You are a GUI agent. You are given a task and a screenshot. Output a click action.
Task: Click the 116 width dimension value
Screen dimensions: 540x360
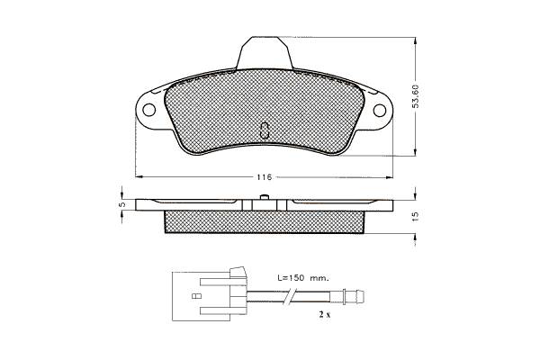pyautogui.click(x=265, y=177)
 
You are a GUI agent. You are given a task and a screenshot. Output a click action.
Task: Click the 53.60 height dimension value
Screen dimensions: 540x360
pyautogui.click(x=416, y=96)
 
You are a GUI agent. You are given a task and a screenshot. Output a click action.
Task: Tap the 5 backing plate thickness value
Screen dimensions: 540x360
pyautogui.click(x=121, y=204)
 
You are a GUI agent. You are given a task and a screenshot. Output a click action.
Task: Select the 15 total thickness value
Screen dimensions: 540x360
pyautogui.click(x=416, y=216)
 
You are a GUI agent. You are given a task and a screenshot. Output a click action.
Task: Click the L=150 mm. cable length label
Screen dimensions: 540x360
pyautogui.click(x=303, y=278)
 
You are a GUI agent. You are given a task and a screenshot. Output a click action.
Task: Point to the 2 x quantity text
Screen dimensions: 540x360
pyautogui.click(x=324, y=314)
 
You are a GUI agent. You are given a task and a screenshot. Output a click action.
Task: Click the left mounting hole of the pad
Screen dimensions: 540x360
pyautogui.click(x=149, y=110)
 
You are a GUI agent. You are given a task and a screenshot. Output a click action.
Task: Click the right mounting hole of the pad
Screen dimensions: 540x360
pyautogui.click(x=380, y=110)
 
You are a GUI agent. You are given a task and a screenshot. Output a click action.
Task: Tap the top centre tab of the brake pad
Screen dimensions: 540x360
pyautogui.click(x=265, y=53)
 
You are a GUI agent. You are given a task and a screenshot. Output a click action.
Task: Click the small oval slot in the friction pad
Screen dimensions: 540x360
pyautogui.click(x=265, y=130)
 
